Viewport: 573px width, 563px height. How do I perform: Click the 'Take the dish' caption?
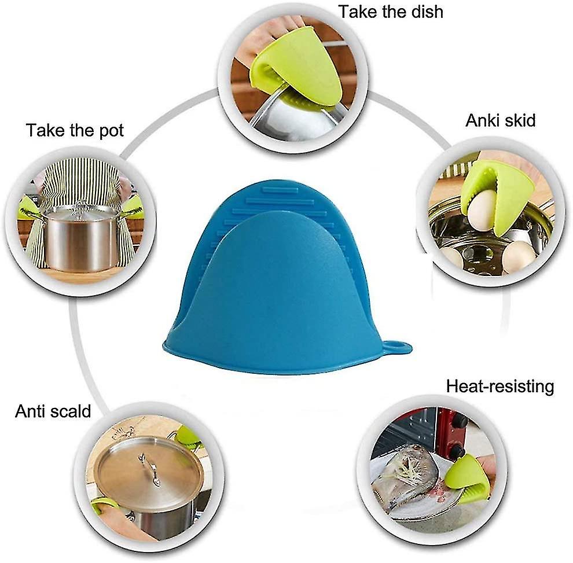(391, 12)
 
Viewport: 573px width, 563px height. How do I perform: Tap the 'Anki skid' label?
(500, 120)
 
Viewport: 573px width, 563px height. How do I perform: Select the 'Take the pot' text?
(75, 130)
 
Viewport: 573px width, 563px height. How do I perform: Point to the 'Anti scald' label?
(53, 411)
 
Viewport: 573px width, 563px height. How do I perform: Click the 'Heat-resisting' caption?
(500, 386)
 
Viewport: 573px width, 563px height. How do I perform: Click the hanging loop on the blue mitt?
(397, 345)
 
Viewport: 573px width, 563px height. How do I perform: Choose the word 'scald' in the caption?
(71, 411)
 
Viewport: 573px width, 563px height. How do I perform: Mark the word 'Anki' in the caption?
(482, 120)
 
